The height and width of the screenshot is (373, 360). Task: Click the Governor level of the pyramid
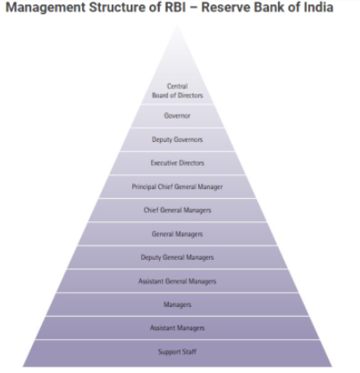177,116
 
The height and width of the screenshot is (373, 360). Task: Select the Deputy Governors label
177,139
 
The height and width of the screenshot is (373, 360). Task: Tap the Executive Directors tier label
178,162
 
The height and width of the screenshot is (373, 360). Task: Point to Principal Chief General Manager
177,186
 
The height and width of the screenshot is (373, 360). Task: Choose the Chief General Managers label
178,210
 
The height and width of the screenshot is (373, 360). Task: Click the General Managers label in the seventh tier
177,234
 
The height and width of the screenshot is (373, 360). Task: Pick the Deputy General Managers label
177,257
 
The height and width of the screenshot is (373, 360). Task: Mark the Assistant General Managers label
177,281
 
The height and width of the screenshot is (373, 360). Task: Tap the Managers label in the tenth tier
177,304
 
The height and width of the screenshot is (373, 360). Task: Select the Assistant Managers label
177,327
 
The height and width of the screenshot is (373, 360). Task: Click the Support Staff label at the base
177,352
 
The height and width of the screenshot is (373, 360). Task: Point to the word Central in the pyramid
178,87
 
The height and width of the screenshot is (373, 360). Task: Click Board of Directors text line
178,95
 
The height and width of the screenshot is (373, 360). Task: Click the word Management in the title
46,7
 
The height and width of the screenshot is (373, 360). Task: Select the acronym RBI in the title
175,7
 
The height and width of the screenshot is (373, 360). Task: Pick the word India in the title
318,7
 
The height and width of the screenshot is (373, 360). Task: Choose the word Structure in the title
117,7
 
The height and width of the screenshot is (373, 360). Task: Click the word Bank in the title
269,7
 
